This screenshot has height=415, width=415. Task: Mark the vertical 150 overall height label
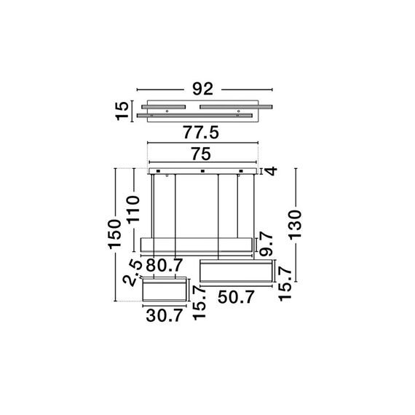[114, 233]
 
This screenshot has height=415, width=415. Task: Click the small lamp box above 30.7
[162, 291]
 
